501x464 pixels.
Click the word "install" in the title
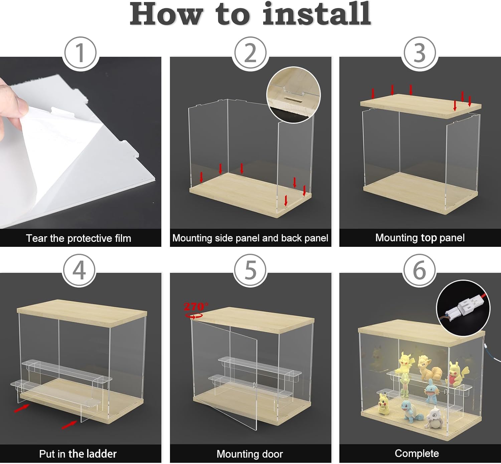[x=317, y=14]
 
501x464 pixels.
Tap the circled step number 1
[x=80, y=53]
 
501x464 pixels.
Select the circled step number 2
[x=250, y=53]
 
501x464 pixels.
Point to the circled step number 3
[x=420, y=53]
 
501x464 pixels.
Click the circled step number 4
[x=79, y=270]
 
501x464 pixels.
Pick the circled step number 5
[x=250, y=270]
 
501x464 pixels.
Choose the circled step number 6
[x=420, y=270]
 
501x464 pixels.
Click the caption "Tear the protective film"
[x=78, y=238]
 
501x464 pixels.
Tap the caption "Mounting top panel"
[x=420, y=238]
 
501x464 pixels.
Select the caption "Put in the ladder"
[x=78, y=454]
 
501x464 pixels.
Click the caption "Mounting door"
[x=249, y=454]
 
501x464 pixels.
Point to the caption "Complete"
[x=417, y=453]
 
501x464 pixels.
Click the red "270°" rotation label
[x=196, y=306]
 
